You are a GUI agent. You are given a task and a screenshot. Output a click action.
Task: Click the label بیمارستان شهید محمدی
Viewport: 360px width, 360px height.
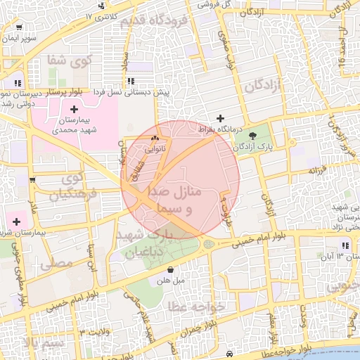tap(74, 125)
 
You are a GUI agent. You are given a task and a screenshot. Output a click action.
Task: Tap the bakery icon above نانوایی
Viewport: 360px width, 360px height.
tap(155, 139)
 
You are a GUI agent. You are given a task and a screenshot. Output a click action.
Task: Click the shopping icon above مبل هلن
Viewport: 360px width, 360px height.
tap(171, 269)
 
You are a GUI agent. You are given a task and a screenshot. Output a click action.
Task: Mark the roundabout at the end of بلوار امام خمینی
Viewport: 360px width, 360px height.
tap(208, 244)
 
